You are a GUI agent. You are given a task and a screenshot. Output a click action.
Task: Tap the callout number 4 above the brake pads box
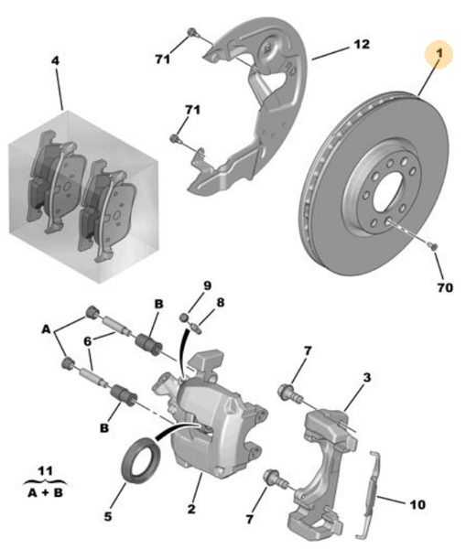(56, 61)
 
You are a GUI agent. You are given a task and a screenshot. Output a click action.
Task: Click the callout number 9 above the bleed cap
(207, 285)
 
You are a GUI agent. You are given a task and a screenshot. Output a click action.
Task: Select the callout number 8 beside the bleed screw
(220, 301)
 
